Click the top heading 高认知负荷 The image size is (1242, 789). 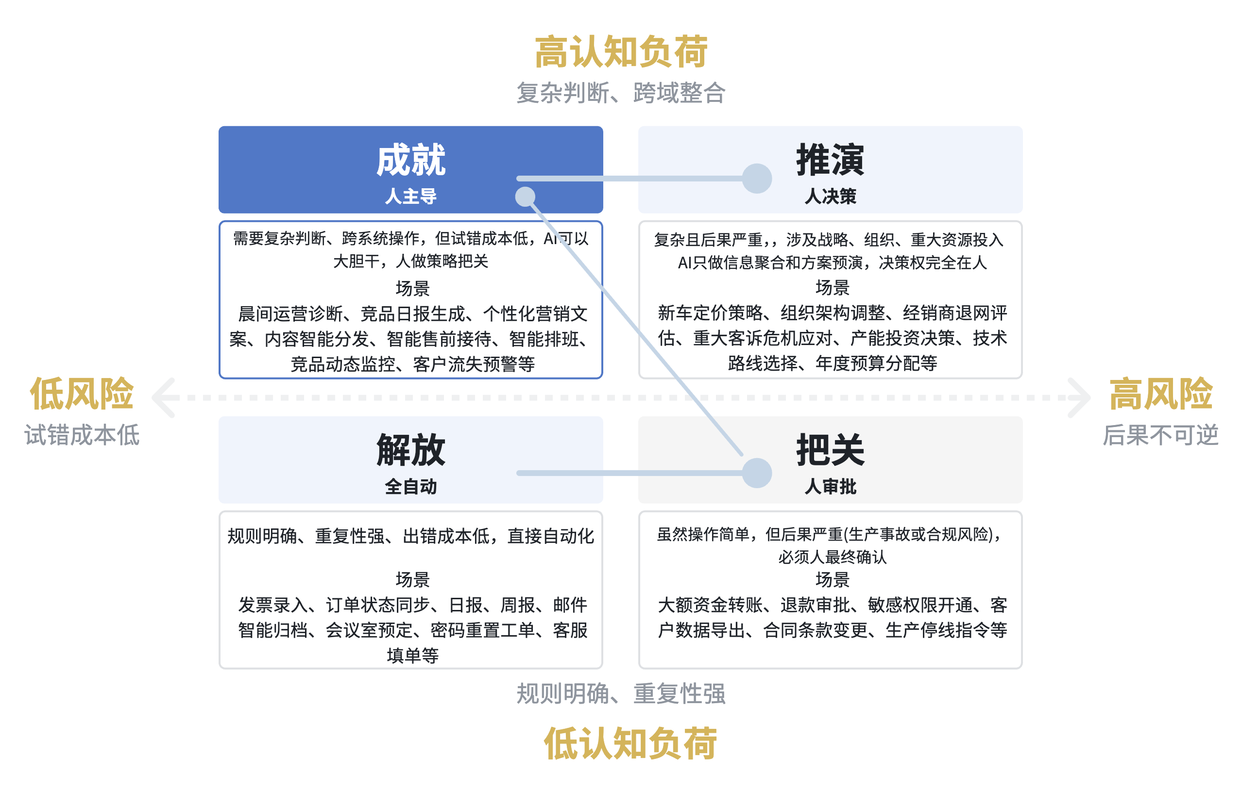click(621, 51)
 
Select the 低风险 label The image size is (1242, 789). click(82, 394)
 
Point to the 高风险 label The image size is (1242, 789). click(1160, 394)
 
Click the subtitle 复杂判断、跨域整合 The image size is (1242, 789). click(621, 93)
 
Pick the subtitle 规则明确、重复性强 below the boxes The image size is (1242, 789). click(621, 694)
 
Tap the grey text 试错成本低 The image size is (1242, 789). click(82, 435)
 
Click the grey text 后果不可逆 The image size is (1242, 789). click(1160, 435)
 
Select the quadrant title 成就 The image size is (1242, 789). click(410, 160)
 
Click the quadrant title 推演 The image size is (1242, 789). click(831, 160)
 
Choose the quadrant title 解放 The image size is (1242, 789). click(410, 450)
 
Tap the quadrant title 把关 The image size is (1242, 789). click(831, 450)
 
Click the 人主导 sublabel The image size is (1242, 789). click(410, 197)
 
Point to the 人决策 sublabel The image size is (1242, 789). click(831, 197)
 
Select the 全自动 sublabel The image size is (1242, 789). click(410, 487)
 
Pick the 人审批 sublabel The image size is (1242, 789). click(831, 487)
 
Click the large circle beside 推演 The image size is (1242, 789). click(757, 178)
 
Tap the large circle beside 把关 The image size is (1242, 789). click(757, 473)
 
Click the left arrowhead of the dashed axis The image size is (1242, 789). click(164, 397)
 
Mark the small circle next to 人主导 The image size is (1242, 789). click(525, 197)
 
